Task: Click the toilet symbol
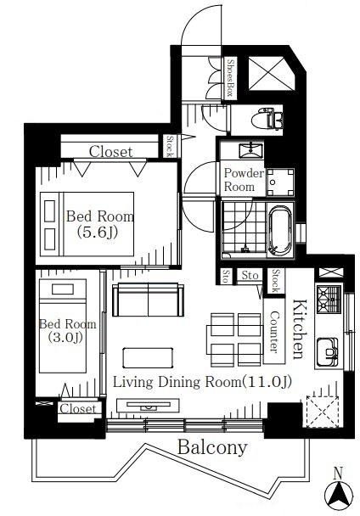coord(267,119)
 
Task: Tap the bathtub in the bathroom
coord(280,230)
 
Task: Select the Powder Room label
coord(244,180)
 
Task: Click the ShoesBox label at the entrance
coord(229,78)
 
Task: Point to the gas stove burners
coord(329,299)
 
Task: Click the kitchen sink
coord(328,352)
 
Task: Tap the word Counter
coord(274,331)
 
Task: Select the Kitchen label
coord(300,328)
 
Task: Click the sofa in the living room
coord(148,300)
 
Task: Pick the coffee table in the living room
coord(148,357)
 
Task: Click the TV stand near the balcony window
coord(149,406)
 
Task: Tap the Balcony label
coord(212,447)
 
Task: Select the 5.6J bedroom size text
coord(97,233)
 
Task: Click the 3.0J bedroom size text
coord(65,337)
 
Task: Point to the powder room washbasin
coord(251,151)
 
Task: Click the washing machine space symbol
coord(280,182)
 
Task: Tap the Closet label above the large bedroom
coord(111,152)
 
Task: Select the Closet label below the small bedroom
coord(78,408)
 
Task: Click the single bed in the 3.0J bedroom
coord(63,326)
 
